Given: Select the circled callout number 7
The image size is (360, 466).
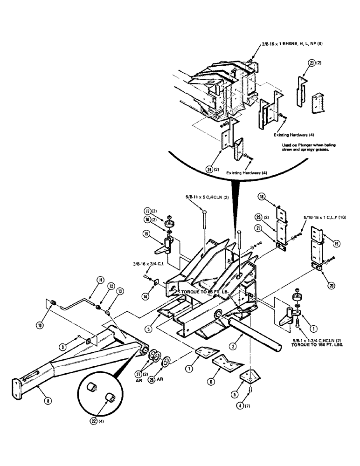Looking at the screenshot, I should (189, 369).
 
